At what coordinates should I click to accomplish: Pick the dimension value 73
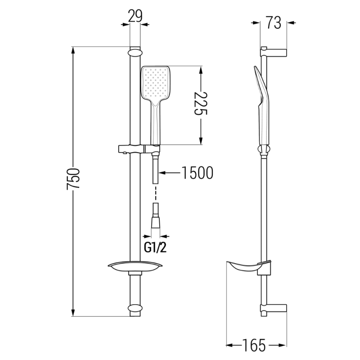point(273,22)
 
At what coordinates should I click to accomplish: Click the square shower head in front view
point(156,84)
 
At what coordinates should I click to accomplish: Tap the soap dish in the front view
point(135,267)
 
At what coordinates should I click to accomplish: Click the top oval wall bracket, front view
point(135,53)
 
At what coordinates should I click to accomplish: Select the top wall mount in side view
point(274,51)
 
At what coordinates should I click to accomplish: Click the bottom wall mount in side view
point(274,309)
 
